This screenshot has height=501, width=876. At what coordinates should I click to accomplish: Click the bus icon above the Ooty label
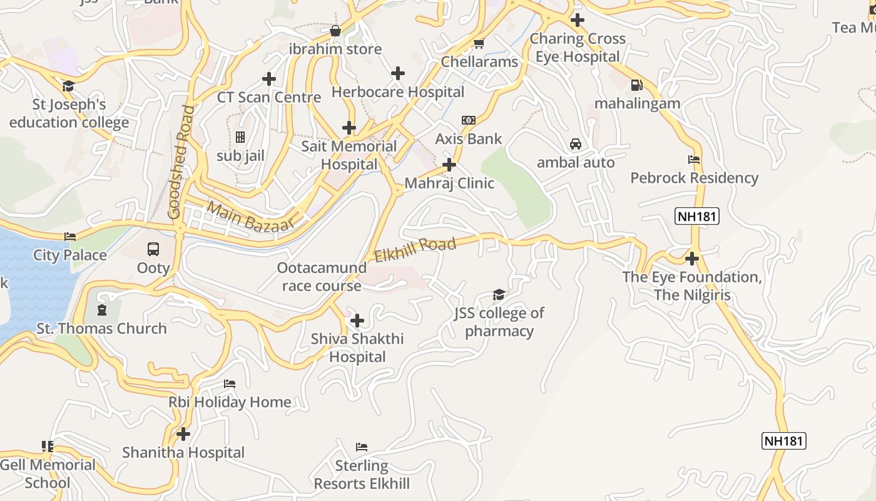click(x=153, y=249)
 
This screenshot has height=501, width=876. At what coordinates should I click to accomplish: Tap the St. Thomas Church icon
click(x=101, y=310)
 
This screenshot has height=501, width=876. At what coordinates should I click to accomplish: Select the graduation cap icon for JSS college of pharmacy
click(x=499, y=294)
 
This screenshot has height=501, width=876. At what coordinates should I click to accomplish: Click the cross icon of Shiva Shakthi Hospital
click(x=357, y=321)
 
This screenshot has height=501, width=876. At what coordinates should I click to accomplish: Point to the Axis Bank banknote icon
click(x=468, y=120)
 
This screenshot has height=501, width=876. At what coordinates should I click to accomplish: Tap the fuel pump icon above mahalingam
click(x=636, y=85)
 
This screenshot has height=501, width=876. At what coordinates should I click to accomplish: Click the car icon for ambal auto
click(x=576, y=144)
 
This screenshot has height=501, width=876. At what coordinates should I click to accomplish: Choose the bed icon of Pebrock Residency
click(x=694, y=160)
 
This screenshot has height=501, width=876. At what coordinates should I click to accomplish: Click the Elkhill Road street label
click(x=415, y=249)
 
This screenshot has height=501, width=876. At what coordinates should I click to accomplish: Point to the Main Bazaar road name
click(x=250, y=217)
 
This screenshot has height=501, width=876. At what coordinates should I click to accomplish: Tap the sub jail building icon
click(x=240, y=137)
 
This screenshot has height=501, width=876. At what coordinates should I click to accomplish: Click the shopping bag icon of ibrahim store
click(x=335, y=31)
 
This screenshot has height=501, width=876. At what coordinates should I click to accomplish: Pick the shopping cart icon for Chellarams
click(x=479, y=43)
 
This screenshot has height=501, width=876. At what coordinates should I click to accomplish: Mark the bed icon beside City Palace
click(x=70, y=237)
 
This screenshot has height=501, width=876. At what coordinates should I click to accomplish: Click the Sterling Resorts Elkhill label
click(x=362, y=475)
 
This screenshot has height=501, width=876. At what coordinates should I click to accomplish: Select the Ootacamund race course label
click(x=322, y=277)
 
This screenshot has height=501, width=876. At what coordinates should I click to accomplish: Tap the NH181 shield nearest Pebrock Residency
click(x=697, y=217)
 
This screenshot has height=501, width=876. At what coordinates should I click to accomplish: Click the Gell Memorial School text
click(x=48, y=473)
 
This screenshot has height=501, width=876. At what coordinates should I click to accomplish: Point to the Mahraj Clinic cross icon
click(x=449, y=165)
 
